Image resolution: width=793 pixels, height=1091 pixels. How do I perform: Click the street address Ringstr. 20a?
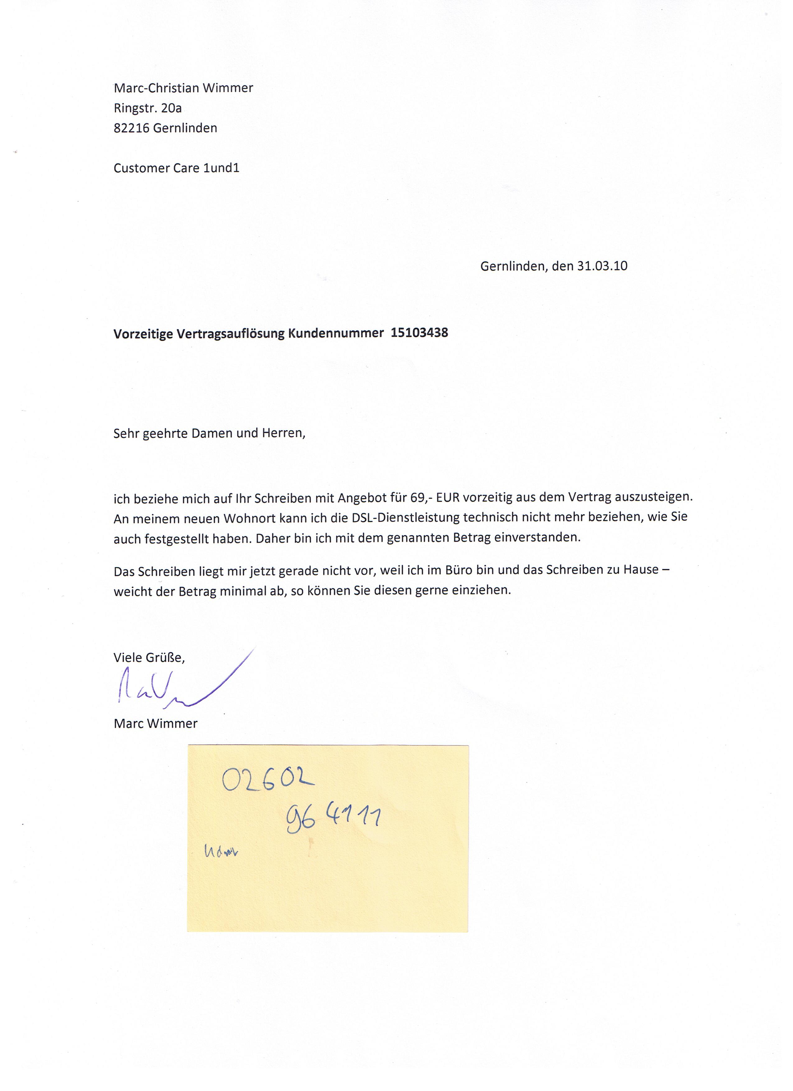[148, 108]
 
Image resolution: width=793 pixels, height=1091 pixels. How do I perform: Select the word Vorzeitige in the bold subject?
[142, 334]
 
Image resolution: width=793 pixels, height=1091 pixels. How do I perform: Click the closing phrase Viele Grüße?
[149, 658]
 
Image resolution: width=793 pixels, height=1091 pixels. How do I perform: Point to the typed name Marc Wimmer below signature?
[155, 724]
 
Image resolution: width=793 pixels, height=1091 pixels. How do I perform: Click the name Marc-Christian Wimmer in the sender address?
[183, 88]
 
